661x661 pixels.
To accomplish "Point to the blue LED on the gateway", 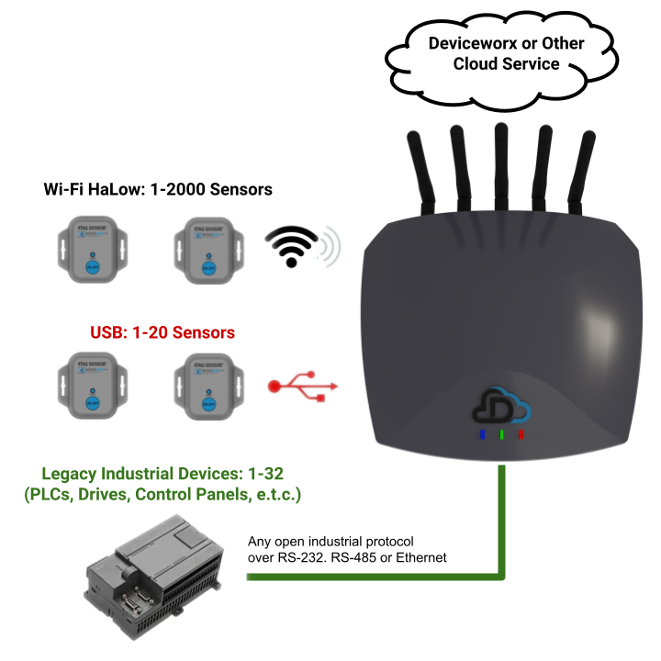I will coord(482,434).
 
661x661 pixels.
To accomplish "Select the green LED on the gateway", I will coord(501,434).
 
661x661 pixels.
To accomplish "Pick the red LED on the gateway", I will coord(521,434).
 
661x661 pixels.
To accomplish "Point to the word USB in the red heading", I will coord(108,331).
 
